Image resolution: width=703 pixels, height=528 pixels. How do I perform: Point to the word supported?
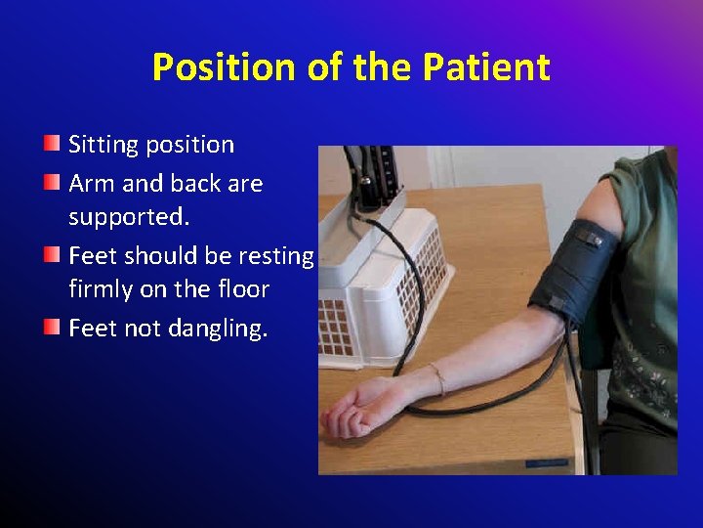[128, 216]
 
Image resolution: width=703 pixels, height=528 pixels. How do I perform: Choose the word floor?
[242, 289]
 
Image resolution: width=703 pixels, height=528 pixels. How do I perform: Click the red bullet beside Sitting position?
[52, 145]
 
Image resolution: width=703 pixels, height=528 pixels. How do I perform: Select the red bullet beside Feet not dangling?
[52, 327]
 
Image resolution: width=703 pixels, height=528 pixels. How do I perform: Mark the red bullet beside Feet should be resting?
[52, 254]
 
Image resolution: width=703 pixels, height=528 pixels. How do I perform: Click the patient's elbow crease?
[527, 337]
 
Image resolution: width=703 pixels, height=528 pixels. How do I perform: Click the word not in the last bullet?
[141, 329]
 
